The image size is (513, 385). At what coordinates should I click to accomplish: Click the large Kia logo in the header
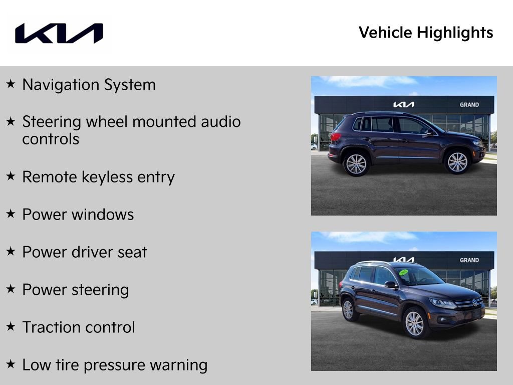59,33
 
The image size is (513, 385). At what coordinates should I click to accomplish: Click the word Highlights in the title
455,33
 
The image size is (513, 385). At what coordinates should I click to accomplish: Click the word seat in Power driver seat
133,252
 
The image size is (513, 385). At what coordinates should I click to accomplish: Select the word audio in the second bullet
221,122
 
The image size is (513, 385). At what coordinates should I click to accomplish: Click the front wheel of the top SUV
457,162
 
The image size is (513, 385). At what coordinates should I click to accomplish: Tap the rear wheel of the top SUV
356,163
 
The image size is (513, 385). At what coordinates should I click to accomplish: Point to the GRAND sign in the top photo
469,105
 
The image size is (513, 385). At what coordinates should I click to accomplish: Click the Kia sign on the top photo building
403,105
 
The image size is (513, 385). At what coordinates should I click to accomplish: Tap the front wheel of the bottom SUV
414,323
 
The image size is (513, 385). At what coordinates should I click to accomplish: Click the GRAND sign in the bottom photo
469,260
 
